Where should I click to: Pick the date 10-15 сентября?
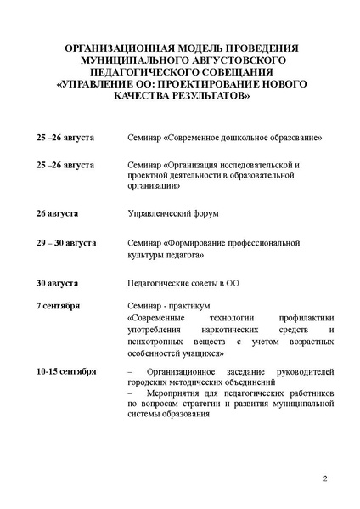click(x=66, y=371)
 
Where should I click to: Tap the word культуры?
click(x=143, y=254)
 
